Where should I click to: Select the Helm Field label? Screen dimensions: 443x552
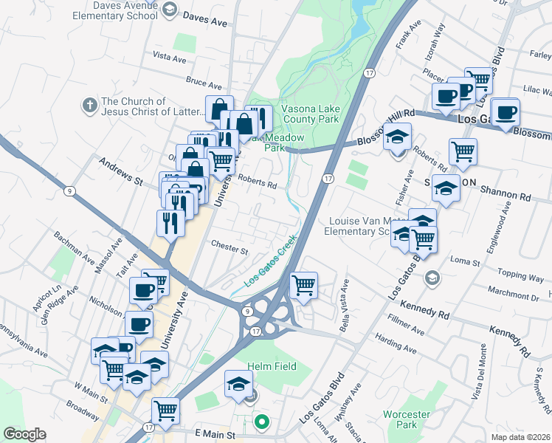(x=272, y=366)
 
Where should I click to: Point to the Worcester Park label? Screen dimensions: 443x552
(x=405, y=419)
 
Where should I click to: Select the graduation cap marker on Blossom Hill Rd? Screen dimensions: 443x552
(x=398, y=137)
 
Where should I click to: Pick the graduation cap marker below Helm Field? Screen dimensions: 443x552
(x=238, y=385)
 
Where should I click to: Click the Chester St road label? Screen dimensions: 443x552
(x=229, y=249)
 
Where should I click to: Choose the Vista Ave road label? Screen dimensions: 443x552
(x=168, y=56)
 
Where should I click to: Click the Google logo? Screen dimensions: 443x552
(x=24, y=434)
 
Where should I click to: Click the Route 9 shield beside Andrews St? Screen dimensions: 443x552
(x=69, y=191)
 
